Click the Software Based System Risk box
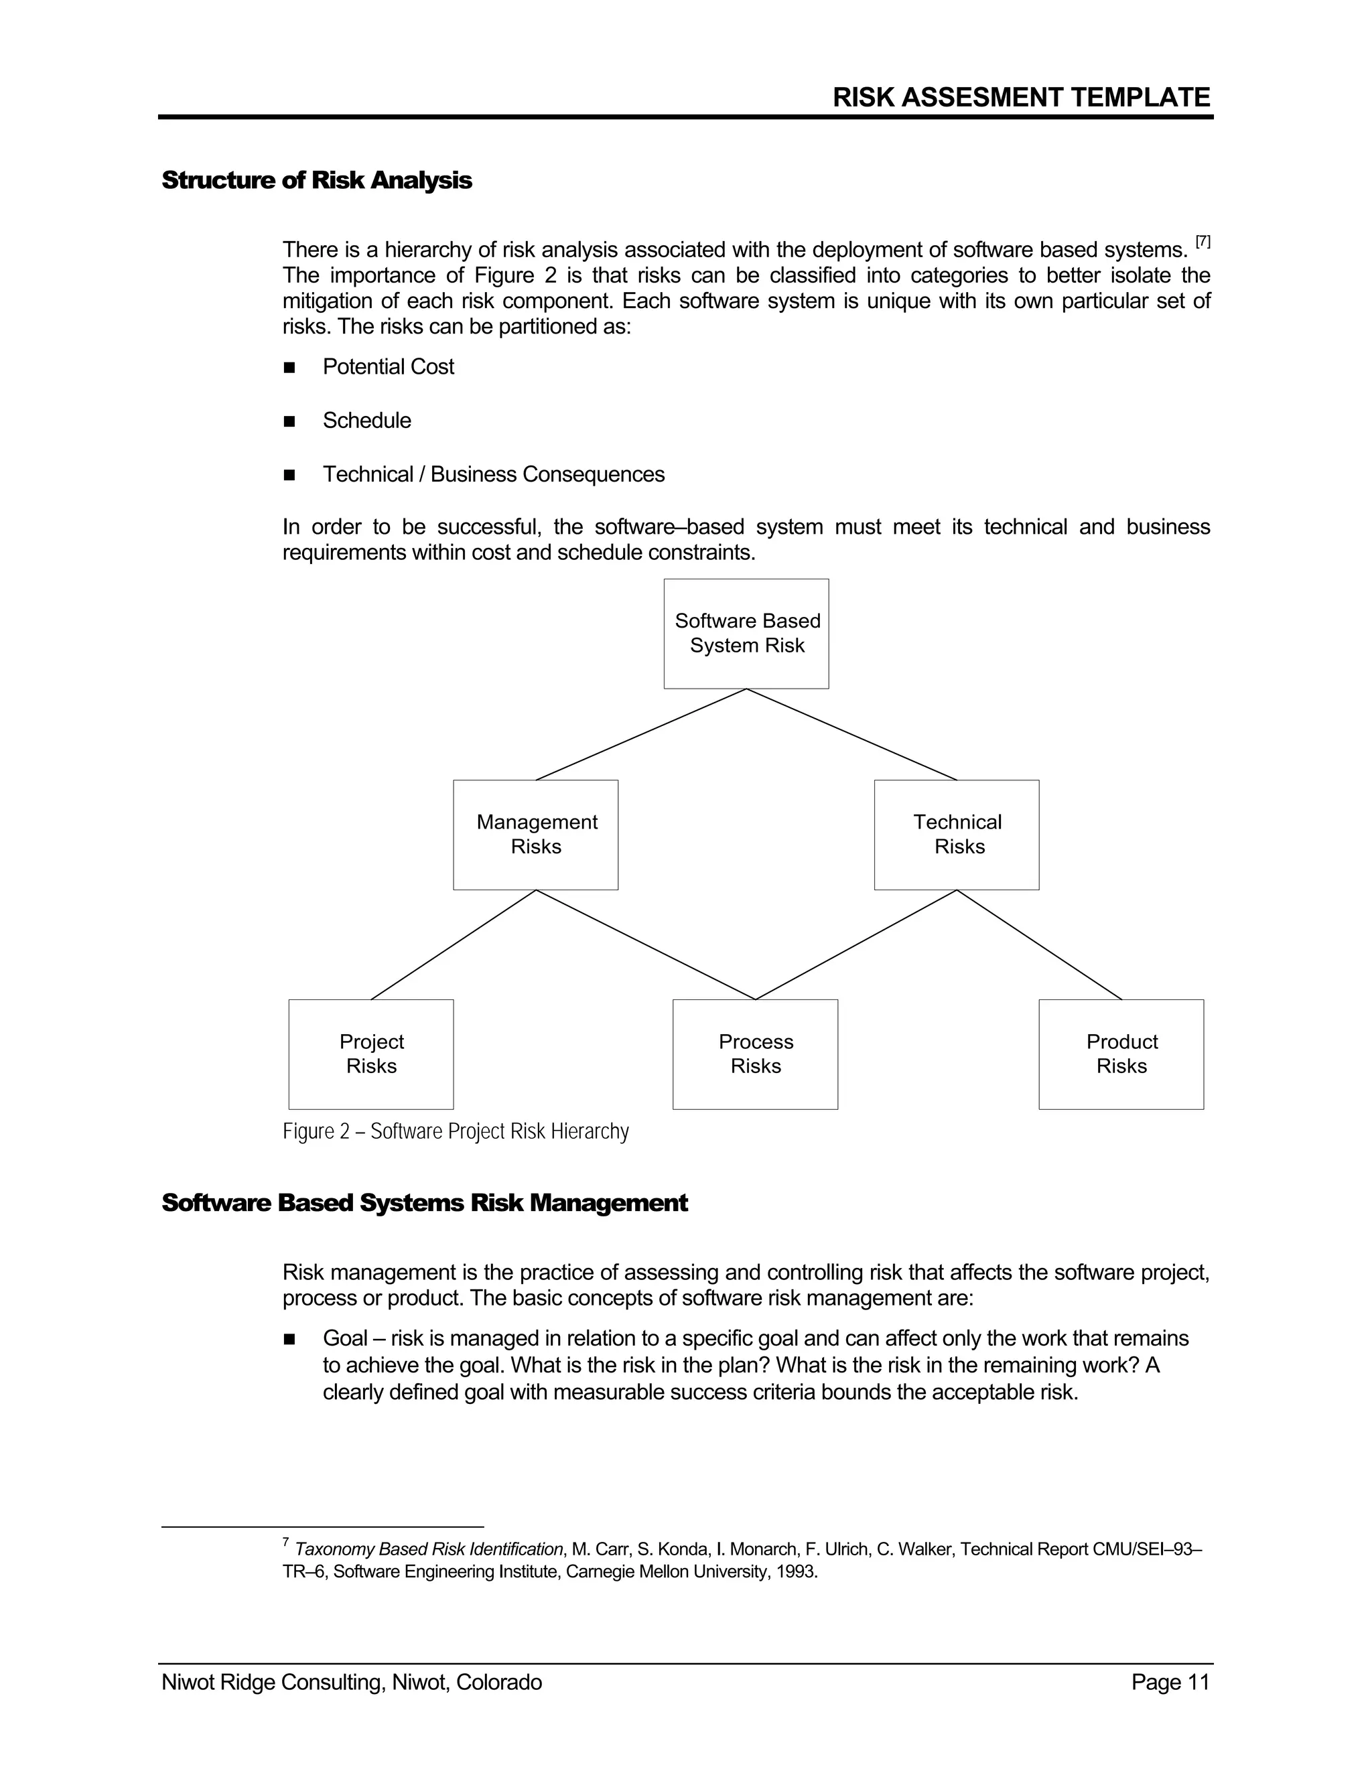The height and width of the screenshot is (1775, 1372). (x=746, y=633)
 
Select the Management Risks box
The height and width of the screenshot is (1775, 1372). (x=536, y=835)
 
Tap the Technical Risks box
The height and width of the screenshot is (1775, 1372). (x=957, y=835)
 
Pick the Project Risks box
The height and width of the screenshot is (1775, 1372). (x=370, y=1054)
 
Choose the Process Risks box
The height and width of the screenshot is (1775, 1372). (x=755, y=1054)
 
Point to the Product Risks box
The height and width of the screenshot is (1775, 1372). (x=1121, y=1054)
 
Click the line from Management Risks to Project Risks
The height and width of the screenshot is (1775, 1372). (x=454, y=944)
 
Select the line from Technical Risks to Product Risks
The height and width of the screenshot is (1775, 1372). (x=1040, y=944)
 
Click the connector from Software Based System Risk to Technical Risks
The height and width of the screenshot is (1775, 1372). (x=852, y=734)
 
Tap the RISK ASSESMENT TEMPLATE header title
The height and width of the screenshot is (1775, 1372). (x=1021, y=98)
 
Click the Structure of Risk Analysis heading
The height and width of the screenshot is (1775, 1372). (x=316, y=180)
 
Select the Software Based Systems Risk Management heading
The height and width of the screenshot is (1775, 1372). (x=424, y=1203)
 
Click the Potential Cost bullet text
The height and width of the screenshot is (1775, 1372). (x=388, y=367)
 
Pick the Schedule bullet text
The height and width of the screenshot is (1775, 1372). (x=366, y=421)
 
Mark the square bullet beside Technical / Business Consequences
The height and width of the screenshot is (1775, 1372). (x=289, y=476)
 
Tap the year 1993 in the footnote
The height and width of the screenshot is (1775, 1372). (x=795, y=1572)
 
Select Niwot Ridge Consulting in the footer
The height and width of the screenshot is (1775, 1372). (x=272, y=1683)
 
